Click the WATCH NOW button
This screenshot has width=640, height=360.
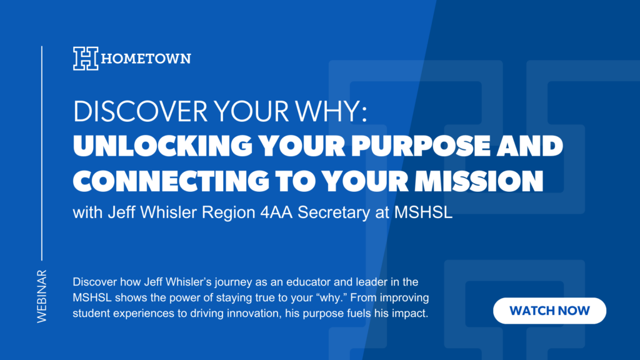549,311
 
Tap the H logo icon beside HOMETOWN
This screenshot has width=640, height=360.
86,58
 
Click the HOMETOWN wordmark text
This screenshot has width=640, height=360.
146,58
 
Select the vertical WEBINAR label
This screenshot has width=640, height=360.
42,296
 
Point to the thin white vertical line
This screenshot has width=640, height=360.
42,153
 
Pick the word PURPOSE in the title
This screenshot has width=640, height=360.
421,146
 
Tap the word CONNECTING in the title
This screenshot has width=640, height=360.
171,181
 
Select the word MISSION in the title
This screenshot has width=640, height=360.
479,181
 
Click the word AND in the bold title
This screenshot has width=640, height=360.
530,146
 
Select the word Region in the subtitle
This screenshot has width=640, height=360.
229,213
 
